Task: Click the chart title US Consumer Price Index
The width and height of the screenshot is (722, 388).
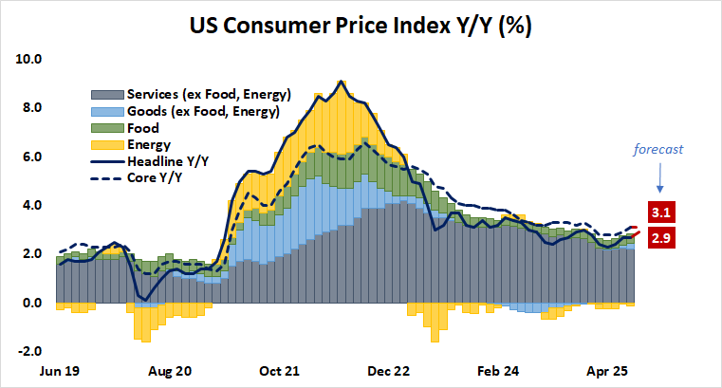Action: pyautogui.click(x=361, y=26)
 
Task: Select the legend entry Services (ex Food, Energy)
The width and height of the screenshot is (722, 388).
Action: pyautogui.click(x=190, y=95)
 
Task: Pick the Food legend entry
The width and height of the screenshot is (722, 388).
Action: pyautogui.click(x=140, y=128)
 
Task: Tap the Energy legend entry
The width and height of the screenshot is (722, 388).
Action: pyautogui.click(x=146, y=144)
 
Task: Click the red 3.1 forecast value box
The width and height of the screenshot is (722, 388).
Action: pyautogui.click(x=659, y=212)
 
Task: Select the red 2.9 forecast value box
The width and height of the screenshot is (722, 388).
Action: pyautogui.click(x=659, y=240)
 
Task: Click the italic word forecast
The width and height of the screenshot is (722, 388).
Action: pyautogui.click(x=659, y=149)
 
